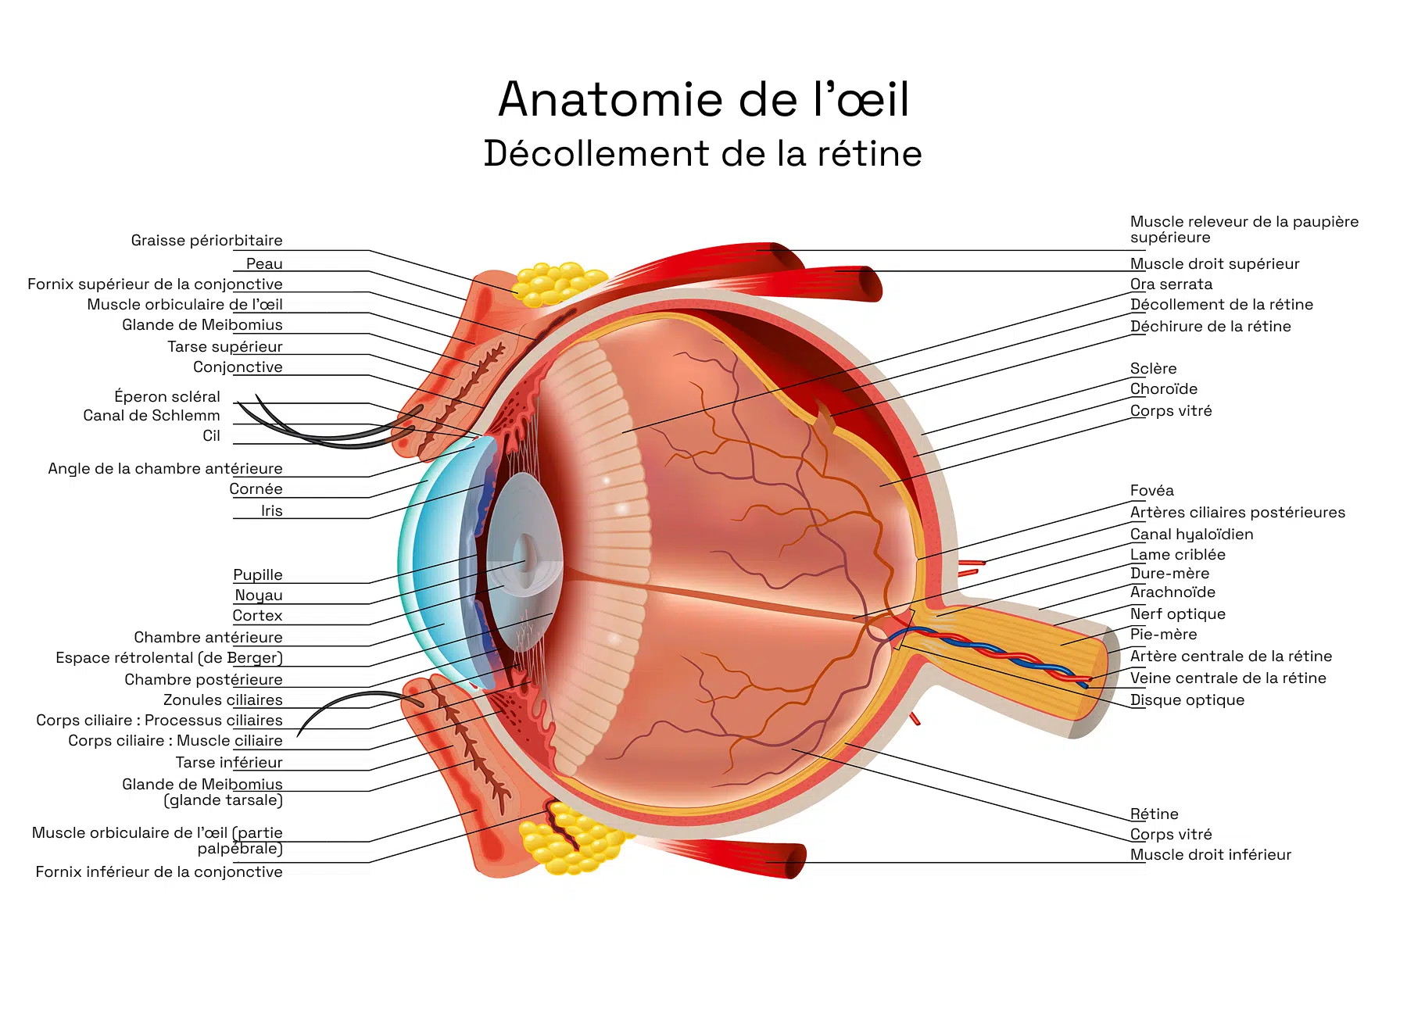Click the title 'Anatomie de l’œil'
coord(703,99)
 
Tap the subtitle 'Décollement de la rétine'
coord(703,153)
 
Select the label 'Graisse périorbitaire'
coord(207,241)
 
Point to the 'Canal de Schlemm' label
coord(152,416)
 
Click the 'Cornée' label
coord(256,489)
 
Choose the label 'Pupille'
coord(258,575)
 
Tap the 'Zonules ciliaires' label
coord(223,700)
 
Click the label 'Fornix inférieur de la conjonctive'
coord(159,872)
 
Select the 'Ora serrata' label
coord(1172,284)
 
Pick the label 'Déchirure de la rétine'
coord(1211,327)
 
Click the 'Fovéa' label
coord(1152,491)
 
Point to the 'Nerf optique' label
coord(1178,614)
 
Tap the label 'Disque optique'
coord(1187,700)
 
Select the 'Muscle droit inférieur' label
coord(1211,855)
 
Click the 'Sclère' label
coord(1154,369)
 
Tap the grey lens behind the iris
coord(524,561)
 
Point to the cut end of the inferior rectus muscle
coord(795,861)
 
